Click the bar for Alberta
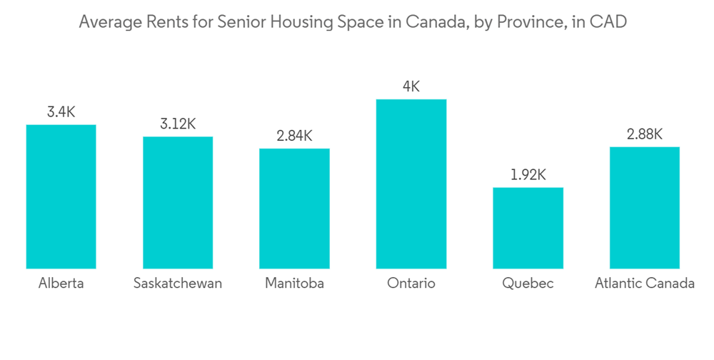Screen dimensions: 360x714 point(61,196)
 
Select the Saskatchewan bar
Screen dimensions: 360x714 point(178,202)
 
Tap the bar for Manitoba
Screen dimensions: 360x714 point(294,209)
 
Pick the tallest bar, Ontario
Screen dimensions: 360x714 point(411,184)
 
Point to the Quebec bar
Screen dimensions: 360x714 point(528,228)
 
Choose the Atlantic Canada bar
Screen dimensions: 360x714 point(644,207)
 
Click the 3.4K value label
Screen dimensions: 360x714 point(61,111)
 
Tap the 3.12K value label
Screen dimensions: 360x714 point(178,124)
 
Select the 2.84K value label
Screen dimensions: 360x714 point(294,136)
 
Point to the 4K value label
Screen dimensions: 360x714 point(411,86)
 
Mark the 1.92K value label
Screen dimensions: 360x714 point(528,175)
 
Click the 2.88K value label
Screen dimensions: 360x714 point(644,134)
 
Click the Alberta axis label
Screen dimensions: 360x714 point(61,284)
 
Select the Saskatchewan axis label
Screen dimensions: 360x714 point(178,284)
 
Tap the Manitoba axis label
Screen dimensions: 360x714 point(294,284)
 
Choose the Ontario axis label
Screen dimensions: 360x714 point(411,284)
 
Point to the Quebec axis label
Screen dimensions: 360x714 point(528,284)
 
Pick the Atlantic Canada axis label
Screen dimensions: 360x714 point(644,284)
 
